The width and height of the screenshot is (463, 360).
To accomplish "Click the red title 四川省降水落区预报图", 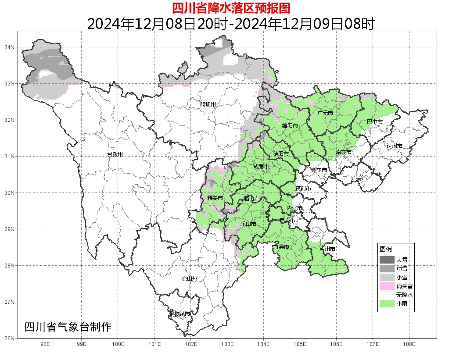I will [x=231, y=8].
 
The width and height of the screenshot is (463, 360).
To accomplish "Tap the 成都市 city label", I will [x=262, y=167].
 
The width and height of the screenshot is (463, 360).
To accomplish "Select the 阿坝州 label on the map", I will [x=208, y=104].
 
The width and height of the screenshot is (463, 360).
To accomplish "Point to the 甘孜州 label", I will [x=115, y=155].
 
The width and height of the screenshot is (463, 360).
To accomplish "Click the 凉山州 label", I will [x=190, y=279].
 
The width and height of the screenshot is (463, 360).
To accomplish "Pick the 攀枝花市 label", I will [x=180, y=314].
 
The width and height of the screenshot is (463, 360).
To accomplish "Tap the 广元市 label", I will [x=325, y=113].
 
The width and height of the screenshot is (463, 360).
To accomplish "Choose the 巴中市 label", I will [x=374, y=121].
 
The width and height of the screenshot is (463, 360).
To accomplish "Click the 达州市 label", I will [x=394, y=146].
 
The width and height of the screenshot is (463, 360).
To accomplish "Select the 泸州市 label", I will [x=327, y=249].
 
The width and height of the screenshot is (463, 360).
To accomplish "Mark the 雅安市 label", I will [x=215, y=198].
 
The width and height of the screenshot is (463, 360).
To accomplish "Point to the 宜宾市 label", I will [x=281, y=247].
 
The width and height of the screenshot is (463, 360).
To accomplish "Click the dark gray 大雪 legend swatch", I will [x=387, y=260].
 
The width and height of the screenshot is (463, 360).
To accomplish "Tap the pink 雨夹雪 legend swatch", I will [x=387, y=286].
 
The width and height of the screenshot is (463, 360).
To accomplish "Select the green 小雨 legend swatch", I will [x=387, y=303].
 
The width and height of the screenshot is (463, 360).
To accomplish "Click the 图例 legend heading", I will [x=386, y=249].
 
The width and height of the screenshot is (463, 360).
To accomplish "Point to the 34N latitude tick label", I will [x=10, y=47].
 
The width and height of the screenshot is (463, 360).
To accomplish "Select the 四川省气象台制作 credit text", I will [x=68, y=327].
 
